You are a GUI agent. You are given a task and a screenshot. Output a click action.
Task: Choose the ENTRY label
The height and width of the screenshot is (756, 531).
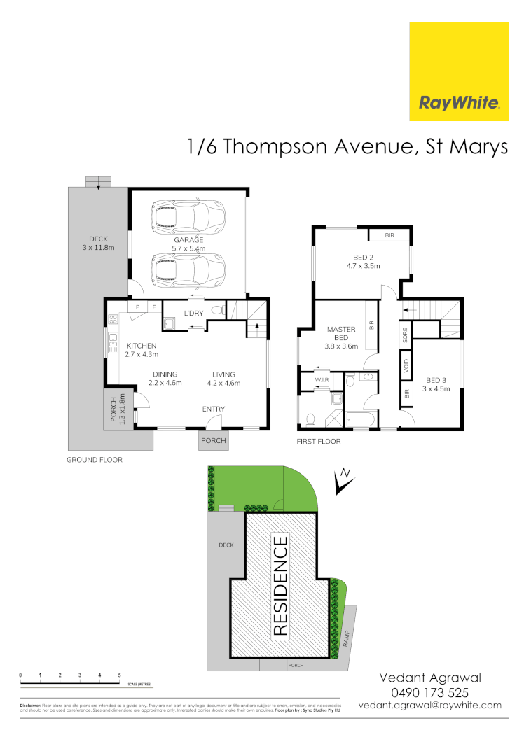click(x=214, y=409)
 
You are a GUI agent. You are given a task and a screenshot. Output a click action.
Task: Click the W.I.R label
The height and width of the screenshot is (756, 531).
click(x=323, y=381)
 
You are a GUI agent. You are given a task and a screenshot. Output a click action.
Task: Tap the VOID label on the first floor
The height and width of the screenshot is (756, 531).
click(x=406, y=365)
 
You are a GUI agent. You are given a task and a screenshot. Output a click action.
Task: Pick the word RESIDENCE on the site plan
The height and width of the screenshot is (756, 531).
click(x=280, y=586)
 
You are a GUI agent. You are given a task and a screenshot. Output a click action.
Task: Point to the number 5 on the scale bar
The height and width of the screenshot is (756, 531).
click(x=120, y=675)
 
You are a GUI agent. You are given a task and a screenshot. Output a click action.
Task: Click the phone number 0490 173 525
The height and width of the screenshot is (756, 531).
click(x=431, y=692)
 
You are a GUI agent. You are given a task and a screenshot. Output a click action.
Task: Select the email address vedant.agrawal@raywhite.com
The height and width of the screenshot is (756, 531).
click(x=430, y=706)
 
